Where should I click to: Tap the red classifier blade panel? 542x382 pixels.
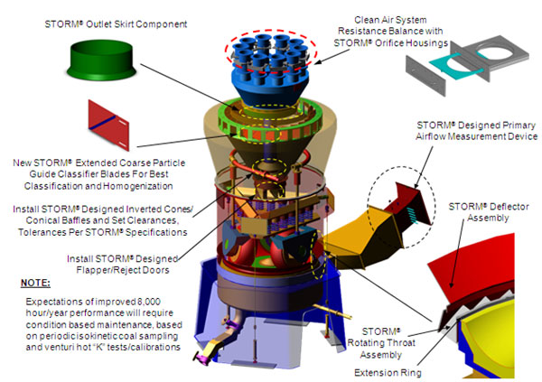coord(113,125)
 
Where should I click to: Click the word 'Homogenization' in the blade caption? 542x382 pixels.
coord(135,186)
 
